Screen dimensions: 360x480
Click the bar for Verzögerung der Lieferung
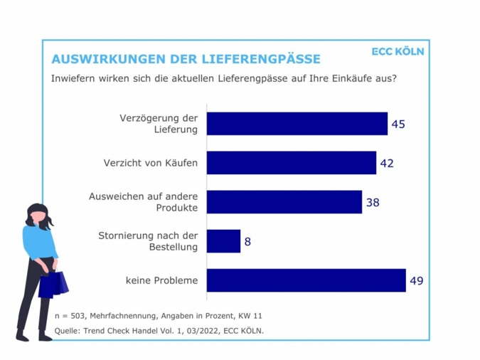(297, 124)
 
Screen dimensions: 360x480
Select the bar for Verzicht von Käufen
(292, 163)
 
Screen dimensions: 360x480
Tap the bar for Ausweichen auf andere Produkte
(284, 202)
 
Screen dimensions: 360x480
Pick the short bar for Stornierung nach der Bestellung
(224, 241)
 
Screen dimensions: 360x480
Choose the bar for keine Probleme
(306, 280)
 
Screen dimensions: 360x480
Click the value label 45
(398, 124)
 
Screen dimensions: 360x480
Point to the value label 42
(387, 163)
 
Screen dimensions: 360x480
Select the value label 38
(373, 202)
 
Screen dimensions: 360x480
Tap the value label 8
(247, 241)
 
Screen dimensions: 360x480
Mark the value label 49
(417, 280)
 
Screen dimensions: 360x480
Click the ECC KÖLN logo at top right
(398, 52)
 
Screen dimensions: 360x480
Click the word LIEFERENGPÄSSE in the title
(262, 59)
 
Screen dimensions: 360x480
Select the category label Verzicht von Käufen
(150, 163)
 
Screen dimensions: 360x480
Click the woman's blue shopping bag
(54, 284)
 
